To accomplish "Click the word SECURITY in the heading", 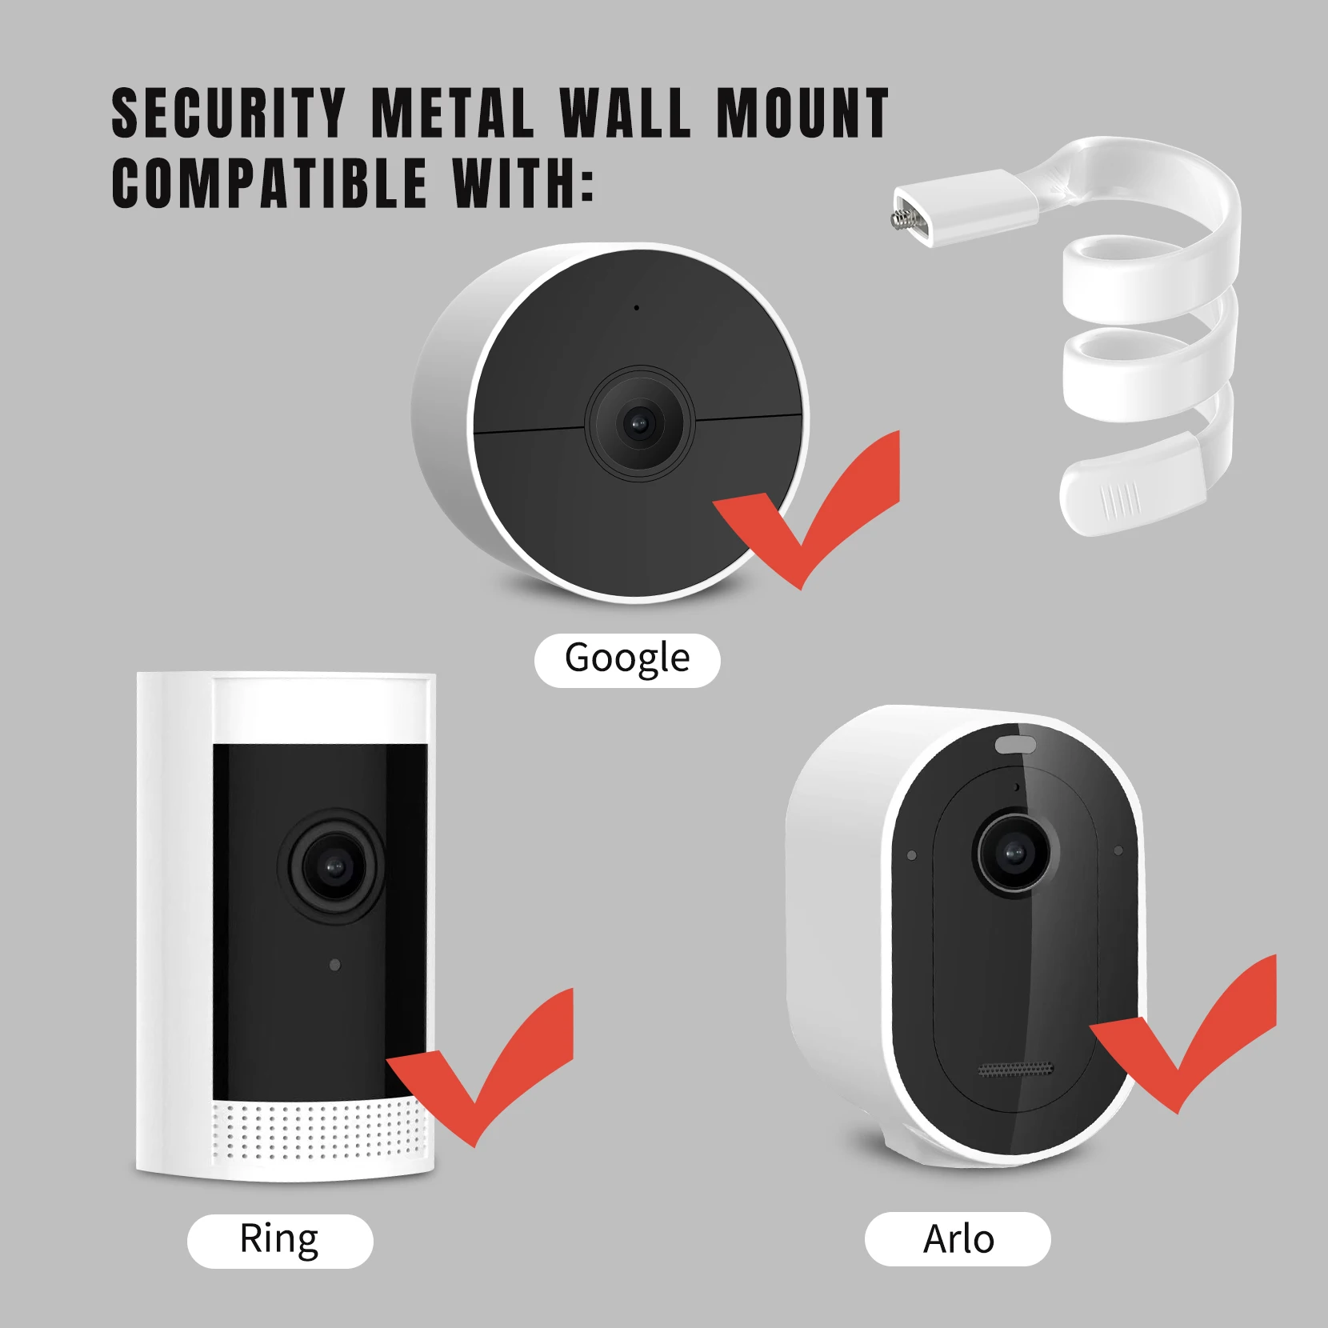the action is (x=228, y=114).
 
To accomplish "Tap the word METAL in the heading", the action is (x=452, y=114).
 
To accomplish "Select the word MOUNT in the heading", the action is (x=802, y=114).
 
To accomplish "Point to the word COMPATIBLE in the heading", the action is (x=270, y=183).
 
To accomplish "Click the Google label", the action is (x=627, y=659).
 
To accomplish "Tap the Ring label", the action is (x=279, y=1239).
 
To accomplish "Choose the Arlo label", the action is (x=958, y=1239).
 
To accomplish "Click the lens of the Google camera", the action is (x=638, y=422).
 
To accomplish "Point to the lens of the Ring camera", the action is (x=333, y=866).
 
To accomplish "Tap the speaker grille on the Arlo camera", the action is (x=1016, y=1070).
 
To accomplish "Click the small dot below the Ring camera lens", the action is (x=334, y=965).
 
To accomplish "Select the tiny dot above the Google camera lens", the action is (x=636, y=307).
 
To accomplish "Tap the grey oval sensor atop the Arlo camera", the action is (x=1015, y=745).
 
